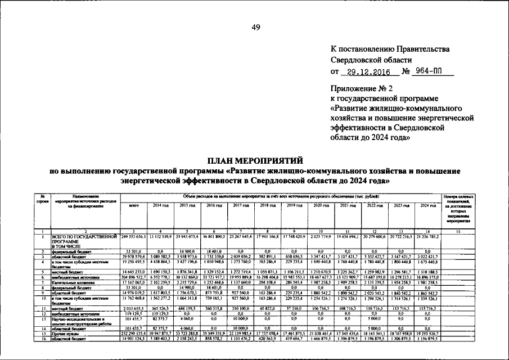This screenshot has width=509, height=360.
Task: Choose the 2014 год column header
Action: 161,205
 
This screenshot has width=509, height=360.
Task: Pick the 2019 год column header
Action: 295,205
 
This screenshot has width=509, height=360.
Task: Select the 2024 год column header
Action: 429,205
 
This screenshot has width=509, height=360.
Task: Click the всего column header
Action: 134,205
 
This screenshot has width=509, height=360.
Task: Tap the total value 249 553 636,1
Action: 134,237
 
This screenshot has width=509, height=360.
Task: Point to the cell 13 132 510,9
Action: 161,237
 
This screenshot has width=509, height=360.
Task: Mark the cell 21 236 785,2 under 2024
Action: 429,237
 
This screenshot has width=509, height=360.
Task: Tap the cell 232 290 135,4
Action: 134,334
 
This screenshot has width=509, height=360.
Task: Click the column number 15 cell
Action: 458,232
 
